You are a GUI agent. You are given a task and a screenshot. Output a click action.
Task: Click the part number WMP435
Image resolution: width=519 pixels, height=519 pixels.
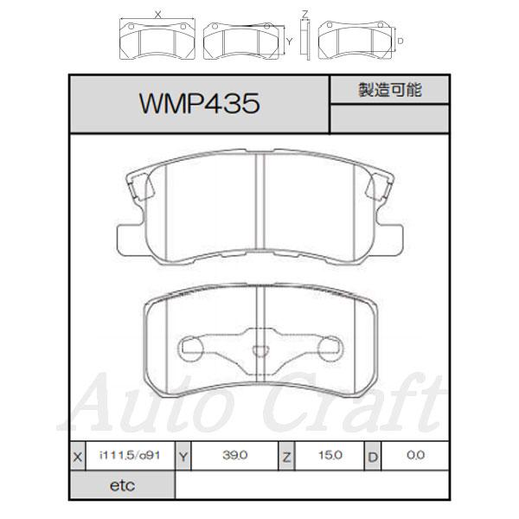tap(199, 104)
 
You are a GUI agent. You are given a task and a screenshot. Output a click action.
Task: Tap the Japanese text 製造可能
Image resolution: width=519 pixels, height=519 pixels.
tap(390, 90)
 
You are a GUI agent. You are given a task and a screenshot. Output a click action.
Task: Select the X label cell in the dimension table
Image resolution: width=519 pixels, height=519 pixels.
tap(78, 457)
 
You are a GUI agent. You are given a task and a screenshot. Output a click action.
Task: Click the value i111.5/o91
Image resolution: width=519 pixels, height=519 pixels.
tap(130, 455)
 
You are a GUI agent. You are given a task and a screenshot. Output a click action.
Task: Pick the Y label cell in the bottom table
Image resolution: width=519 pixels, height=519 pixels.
tap(183, 457)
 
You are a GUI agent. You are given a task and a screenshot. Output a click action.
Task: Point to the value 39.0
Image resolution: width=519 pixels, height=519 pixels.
tap(235, 455)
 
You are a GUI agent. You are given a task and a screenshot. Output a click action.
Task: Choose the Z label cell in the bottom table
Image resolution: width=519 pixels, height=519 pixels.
tap(286, 457)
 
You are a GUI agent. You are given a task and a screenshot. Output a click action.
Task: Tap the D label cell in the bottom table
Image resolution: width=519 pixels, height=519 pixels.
tap(373, 457)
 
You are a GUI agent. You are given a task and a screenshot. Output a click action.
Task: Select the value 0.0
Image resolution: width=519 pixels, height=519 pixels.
tap(416, 455)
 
